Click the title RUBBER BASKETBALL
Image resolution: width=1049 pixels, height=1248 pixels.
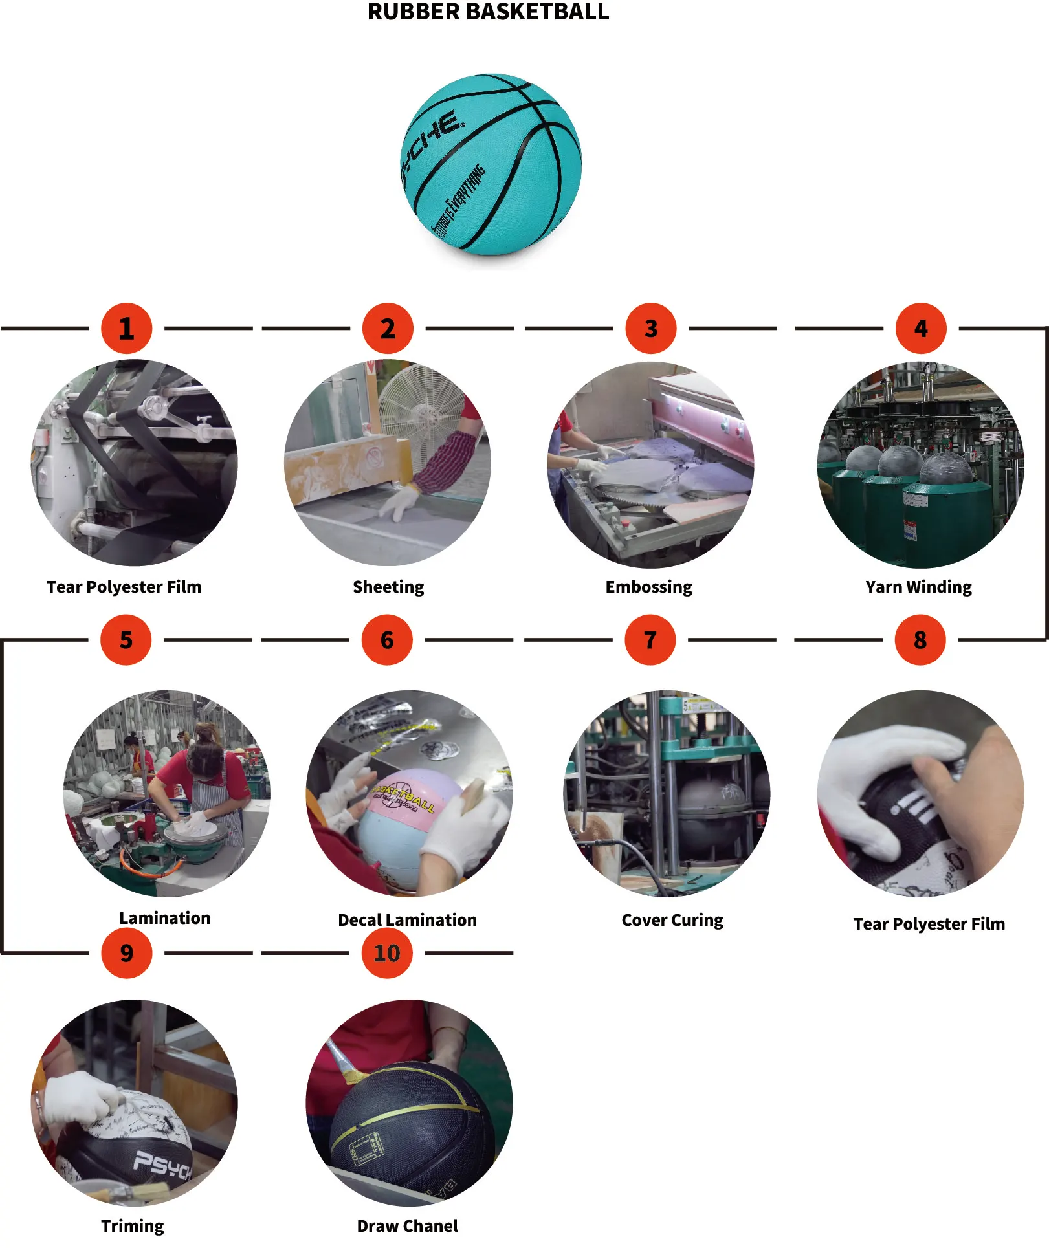(x=488, y=12)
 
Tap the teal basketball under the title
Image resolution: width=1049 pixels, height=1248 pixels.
(x=491, y=164)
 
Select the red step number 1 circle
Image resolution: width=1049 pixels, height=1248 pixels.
(x=126, y=329)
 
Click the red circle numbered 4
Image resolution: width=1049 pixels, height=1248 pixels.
(x=920, y=329)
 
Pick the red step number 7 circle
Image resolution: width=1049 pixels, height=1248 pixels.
(x=650, y=640)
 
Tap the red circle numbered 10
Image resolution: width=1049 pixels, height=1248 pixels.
(x=387, y=953)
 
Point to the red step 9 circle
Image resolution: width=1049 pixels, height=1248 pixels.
(x=126, y=953)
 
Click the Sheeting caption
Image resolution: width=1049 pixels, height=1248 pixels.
(x=388, y=587)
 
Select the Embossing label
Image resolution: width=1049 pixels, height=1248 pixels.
(x=648, y=587)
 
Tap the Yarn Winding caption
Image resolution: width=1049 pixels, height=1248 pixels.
(x=918, y=587)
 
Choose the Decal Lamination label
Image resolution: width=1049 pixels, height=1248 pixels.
(x=407, y=920)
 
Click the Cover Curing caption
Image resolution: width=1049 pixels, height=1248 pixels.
(x=672, y=920)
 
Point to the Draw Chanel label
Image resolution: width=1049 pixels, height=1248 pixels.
(x=407, y=1226)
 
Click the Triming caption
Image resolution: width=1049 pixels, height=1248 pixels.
(x=133, y=1226)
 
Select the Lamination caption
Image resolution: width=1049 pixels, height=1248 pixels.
(x=165, y=918)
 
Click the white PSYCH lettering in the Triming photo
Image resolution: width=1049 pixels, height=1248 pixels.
(x=162, y=1166)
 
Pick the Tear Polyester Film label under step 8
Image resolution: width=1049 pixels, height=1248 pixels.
(x=929, y=924)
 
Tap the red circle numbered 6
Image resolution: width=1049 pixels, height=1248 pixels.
(x=387, y=640)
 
